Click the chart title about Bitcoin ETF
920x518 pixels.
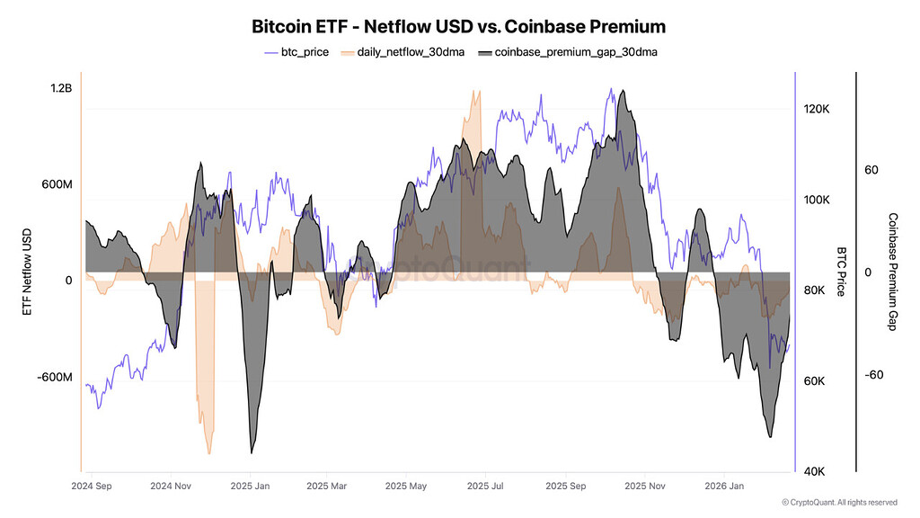459,26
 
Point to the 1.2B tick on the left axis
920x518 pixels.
61,88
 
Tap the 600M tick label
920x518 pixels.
56,184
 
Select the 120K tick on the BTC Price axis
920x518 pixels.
816,109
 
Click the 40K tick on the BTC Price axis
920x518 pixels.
815,472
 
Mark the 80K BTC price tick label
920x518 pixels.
815,290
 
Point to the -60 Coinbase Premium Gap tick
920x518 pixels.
876,375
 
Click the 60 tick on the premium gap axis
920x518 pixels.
871,170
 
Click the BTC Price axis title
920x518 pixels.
842,271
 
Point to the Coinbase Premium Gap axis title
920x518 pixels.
893,272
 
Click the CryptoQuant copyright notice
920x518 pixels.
839,502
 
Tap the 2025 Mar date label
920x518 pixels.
327,487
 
